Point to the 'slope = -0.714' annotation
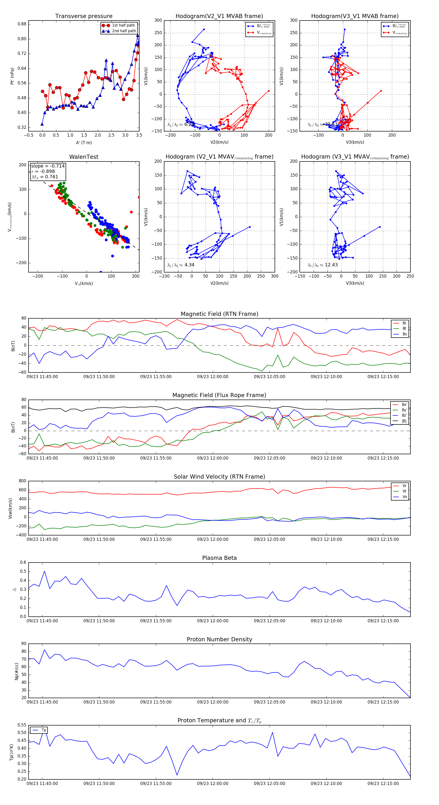(x=48, y=166)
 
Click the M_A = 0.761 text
(x=45, y=177)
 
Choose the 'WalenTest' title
(x=84, y=157)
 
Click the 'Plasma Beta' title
(x=219, y=558)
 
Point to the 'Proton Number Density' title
(x=219, y=639)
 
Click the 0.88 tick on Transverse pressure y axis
(x=22, y=24)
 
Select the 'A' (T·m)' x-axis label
(x=84, y=143)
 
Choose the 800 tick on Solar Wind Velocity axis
(x=22, y=481)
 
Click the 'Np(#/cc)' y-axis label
(x=17, y=671)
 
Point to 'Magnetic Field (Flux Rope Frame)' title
(x=219, y=395)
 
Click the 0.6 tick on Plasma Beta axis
(x=23, y=563)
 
